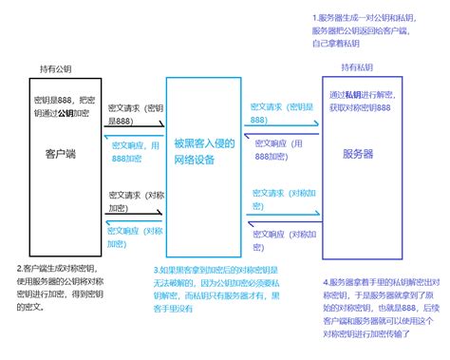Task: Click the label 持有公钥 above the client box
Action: click(54, 68)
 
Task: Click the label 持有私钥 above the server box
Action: click(356, 67)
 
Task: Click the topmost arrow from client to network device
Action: click(134, 124)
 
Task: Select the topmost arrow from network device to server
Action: click(281, 123)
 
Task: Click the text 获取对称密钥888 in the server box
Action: click(358, 107)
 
